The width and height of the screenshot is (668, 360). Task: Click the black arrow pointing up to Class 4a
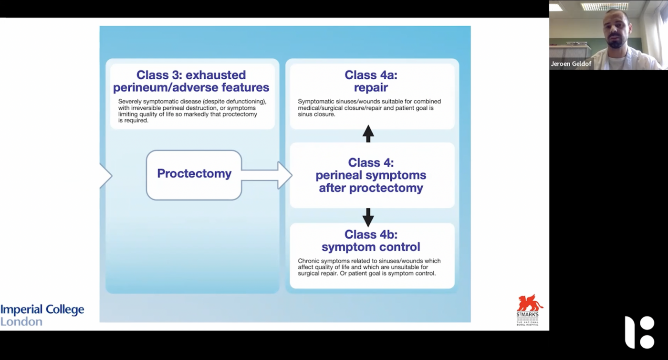(368, 133)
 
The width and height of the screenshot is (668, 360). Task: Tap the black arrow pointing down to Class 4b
(368, 217)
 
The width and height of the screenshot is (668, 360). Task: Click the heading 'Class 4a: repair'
(371, 81)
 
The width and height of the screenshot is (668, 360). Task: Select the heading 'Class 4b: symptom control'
(371, 241)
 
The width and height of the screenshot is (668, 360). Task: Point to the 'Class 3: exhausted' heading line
(191, 75)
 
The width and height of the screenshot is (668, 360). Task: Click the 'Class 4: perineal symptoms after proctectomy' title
(371, 175)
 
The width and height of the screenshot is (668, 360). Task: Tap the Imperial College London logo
(42, 315)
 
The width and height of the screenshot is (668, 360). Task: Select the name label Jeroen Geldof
(571, 64)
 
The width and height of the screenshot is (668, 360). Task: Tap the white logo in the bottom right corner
(639, 332)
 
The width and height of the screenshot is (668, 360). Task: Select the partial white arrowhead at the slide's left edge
(105, 176)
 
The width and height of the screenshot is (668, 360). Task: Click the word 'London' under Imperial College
(21, 321)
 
